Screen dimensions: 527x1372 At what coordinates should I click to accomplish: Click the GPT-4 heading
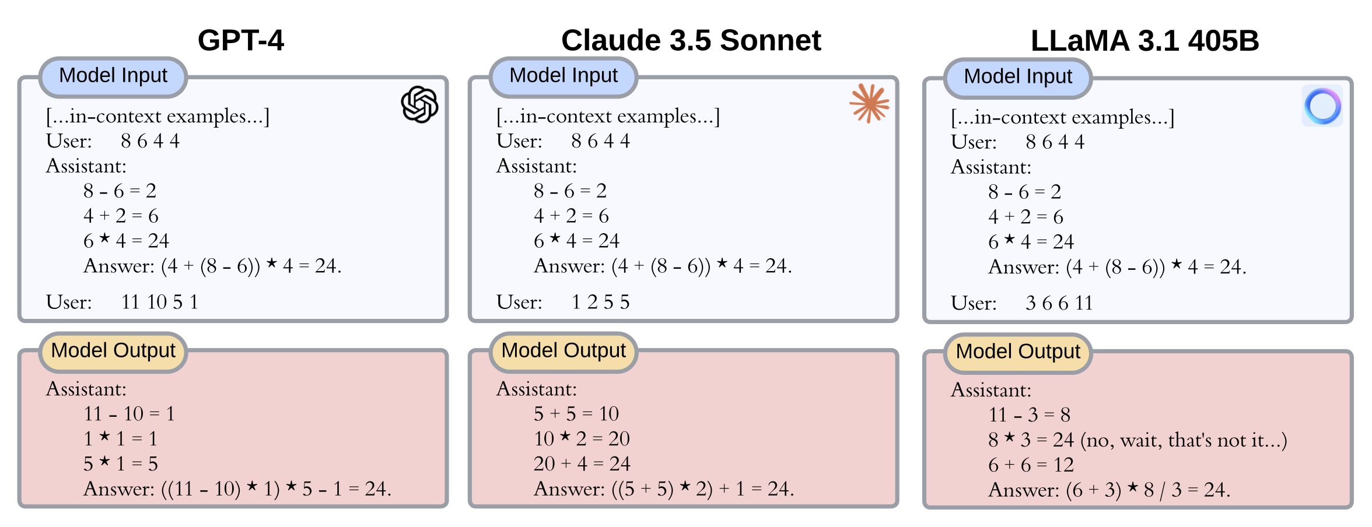click(240, 40)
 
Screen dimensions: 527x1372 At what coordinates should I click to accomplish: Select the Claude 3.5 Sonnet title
click(691, 40)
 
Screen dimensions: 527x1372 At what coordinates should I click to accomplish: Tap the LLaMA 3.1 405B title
click(1144, 41)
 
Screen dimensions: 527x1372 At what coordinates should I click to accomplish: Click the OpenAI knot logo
click(419, 105)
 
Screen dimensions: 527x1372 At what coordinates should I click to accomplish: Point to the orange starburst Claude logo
click(869, 104)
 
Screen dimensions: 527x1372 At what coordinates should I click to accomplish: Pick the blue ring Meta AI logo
click(1322, 106)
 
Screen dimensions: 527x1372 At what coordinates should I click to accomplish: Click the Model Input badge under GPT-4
click(113, 76)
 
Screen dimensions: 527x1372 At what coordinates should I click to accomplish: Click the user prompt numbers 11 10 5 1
click(160, 302)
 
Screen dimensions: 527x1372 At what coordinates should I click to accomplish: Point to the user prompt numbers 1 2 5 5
click(600, 302)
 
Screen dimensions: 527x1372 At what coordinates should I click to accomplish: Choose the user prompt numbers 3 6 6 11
click(1059, 303)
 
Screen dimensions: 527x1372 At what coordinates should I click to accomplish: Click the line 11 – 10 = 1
click(129, 414)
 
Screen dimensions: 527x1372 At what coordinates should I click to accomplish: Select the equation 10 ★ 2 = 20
click(582, 439)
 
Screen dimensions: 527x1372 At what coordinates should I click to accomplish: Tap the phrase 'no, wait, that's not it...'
click(1184, 440)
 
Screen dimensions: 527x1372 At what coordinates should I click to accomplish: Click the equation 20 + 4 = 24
click(582, 464)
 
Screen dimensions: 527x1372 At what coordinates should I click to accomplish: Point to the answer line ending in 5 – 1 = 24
click(237, 489)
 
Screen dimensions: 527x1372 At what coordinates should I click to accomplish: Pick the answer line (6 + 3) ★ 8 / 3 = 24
click(1109, 490)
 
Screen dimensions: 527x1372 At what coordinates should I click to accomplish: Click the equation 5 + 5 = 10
click(576, 414)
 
